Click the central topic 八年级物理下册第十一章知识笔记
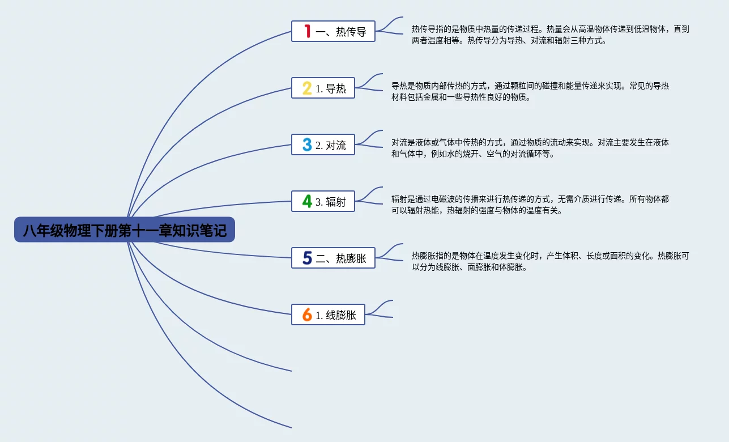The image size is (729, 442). point(124,230)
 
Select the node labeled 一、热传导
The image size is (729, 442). point(333,31)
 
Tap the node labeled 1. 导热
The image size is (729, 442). point(323,88)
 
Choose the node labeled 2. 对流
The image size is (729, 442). point(323,144)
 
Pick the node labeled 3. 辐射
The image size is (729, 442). point(323,201)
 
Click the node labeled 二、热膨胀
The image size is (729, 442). point(333,258)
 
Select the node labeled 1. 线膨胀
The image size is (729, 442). point(328,314)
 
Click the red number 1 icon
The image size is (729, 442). point(308,31)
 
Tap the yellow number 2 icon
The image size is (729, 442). point(307,88)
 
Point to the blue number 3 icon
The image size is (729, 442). point(307,144)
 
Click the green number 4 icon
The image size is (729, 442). point(307,201)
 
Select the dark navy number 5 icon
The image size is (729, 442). point(307,258)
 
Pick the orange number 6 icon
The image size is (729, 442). point(307,314)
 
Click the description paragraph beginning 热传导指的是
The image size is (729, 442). point(550,35)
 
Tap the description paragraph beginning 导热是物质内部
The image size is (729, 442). point(530,91)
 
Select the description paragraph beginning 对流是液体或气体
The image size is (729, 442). point(530,148)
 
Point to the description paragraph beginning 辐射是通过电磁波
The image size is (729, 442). point(530,205)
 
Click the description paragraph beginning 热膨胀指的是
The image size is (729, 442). point(550,261)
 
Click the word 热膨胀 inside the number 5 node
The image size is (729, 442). point(351,258)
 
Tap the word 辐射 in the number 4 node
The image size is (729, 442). point(336,202)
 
